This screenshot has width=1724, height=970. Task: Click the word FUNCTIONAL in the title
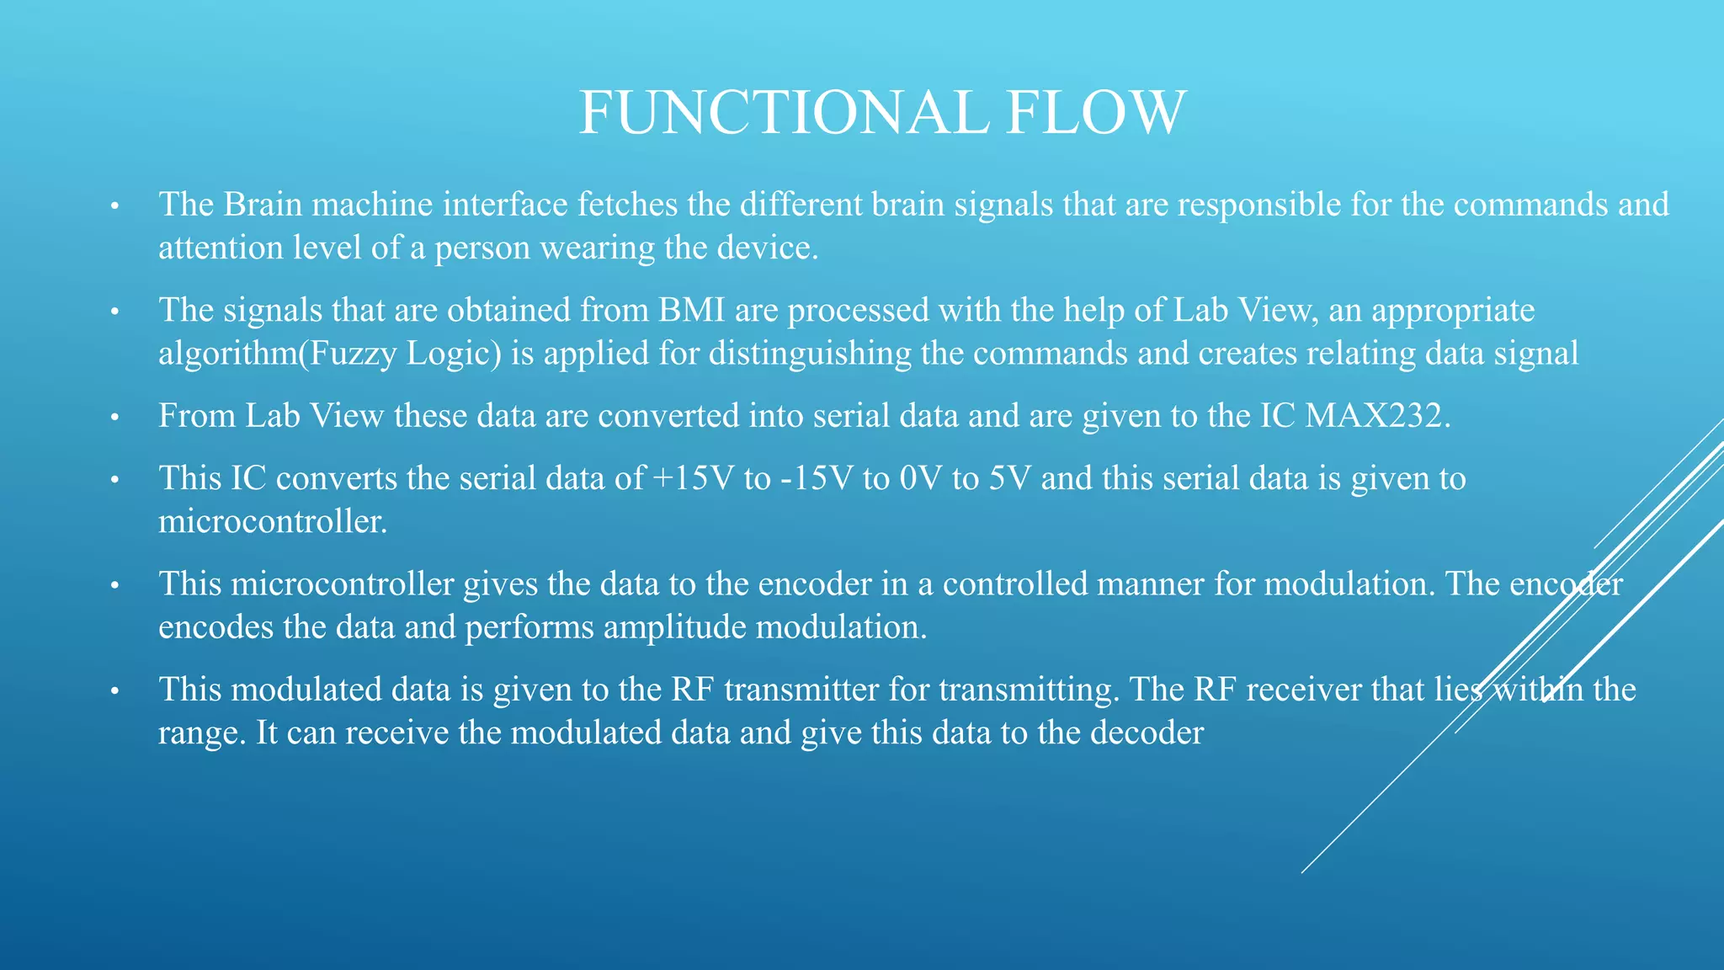(x=784, y=113)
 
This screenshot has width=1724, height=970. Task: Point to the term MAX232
(x=1377, y=416)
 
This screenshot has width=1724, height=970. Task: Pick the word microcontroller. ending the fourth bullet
(x=273, y=522)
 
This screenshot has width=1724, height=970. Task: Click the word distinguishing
(x=810, y=354)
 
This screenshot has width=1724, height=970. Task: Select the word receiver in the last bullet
(x=1303, y=690)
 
